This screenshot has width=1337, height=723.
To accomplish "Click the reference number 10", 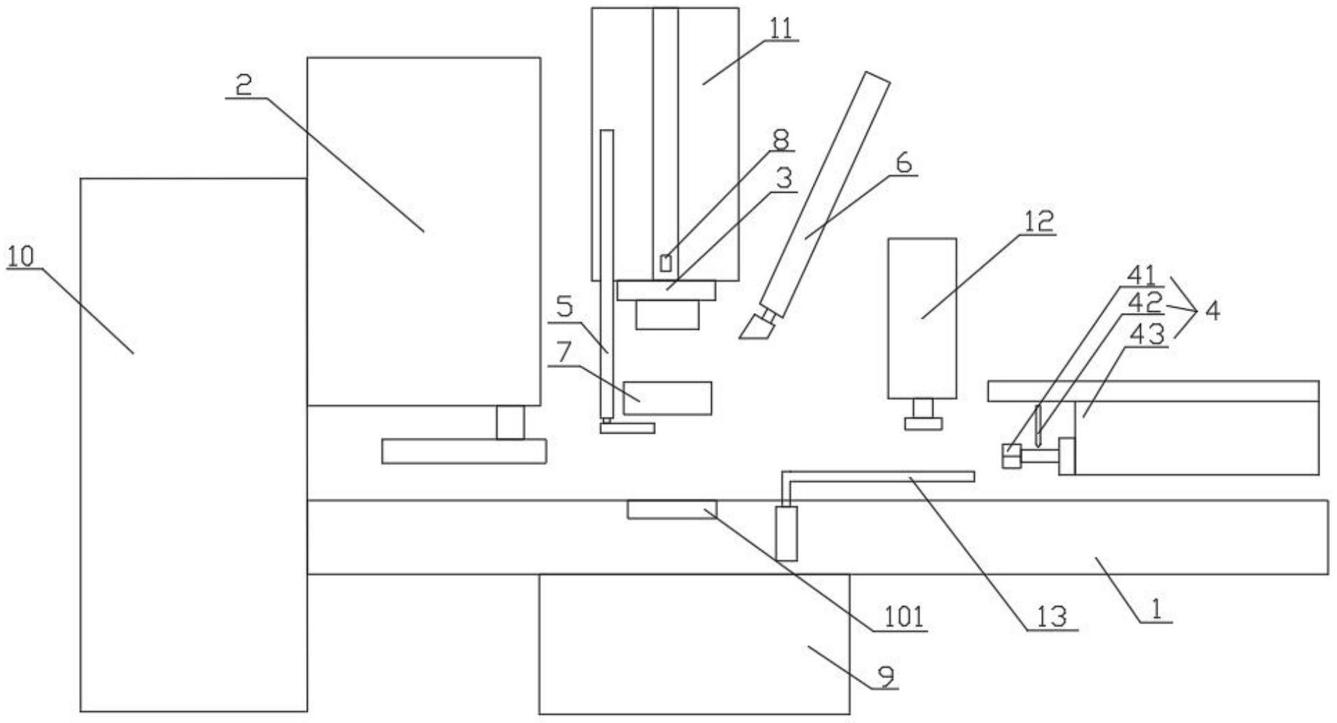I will tap(21, 257).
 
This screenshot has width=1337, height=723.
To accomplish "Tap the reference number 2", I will tap(243, 86).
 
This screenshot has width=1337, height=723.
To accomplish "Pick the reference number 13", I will tap(1052, 617).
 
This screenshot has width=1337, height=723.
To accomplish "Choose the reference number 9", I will tap(886, 676).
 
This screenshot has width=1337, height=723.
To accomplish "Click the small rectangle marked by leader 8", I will tap(666, 263).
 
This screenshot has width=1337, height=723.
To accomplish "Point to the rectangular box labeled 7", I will tap(667, 398).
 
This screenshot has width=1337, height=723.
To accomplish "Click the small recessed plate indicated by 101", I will tap(671, 509).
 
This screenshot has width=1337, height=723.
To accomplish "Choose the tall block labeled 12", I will tap(921, 319).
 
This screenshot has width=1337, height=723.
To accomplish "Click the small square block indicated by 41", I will tap(1011, 456).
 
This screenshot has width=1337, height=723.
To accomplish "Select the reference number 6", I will tap(904, 163).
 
